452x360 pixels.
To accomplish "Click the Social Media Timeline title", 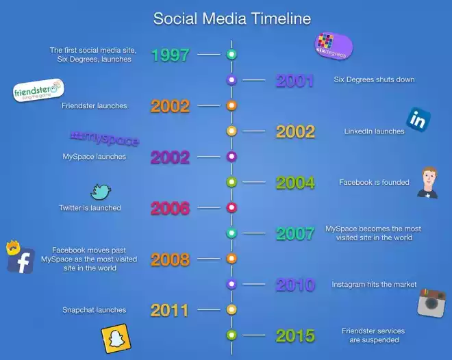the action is coord(232,18).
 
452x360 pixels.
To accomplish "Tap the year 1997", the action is coord(171,55).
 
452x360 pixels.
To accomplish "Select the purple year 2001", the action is coord(295,81).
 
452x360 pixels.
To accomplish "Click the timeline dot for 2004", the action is coord(231,182).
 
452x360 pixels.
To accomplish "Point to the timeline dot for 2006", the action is coord(231,207).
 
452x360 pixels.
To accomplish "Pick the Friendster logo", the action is coord(38,90).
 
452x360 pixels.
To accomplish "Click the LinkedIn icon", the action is coord(418,120).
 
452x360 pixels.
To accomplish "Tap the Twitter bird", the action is coord(101,192).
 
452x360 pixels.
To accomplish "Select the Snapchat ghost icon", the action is coord(116,338).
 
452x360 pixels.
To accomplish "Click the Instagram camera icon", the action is coord(431,303).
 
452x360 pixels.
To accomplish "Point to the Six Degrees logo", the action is coord(334,46).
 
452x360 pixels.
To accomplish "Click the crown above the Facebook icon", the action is coord(13,247).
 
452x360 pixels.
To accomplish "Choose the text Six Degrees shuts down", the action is coord(374,79).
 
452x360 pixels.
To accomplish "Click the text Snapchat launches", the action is coord(95,310).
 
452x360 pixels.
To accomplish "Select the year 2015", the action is coord(295,336).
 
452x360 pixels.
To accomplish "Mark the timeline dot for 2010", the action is coord(231,284).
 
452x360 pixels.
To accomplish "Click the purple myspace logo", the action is coord(105,138).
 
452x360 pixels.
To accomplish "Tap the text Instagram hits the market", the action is coord(374,285).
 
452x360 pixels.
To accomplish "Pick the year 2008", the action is coord(170,259).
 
